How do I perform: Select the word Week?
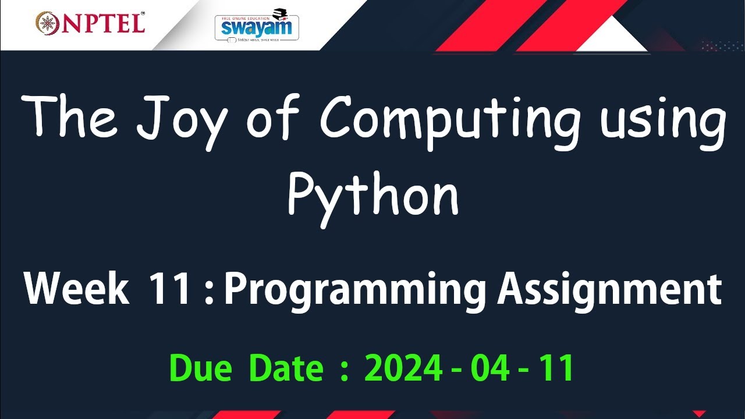click(76, 289)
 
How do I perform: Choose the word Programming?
click(355, 291)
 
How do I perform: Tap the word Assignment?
click(609, 291)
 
